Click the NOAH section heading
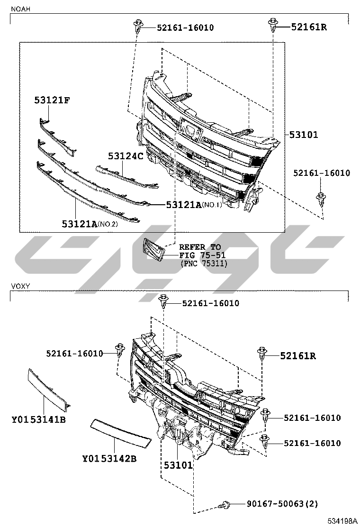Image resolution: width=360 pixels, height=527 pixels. pyautogui.click(x=20, y=9)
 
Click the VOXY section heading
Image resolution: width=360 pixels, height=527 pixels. pyautogui.click(x=20, y=286)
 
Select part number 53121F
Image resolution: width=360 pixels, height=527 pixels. pyautogui.click(x=52, y=100)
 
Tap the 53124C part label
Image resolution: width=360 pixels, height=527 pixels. pyautogui.click(x=126, y=156)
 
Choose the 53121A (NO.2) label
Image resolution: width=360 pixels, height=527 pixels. pyautogui.click(x=90, y=224)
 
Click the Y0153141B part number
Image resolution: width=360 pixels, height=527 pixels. pyautogui.click(x=39, y=419)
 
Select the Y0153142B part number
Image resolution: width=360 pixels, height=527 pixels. pyautogui.click(x=109, y=458)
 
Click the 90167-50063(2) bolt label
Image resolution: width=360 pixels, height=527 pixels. pyautogui.click(x=282, y=503)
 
